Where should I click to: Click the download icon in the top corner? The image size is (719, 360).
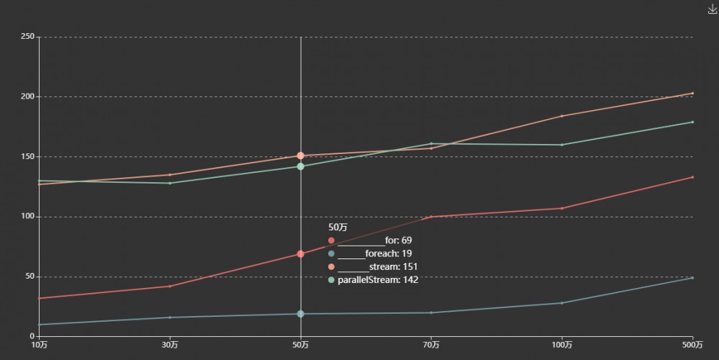(713, 9)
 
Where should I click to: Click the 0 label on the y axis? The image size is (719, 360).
(32, 336)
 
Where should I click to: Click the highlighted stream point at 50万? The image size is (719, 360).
(301, 156)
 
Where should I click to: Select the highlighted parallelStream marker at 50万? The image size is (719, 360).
(301, 166)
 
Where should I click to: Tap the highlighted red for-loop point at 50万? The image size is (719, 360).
(301, 254)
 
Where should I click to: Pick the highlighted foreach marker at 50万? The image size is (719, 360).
(301, 314)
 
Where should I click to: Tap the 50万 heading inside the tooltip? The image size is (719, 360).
(338, 228)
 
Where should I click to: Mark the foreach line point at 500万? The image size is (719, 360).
(692, 278)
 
